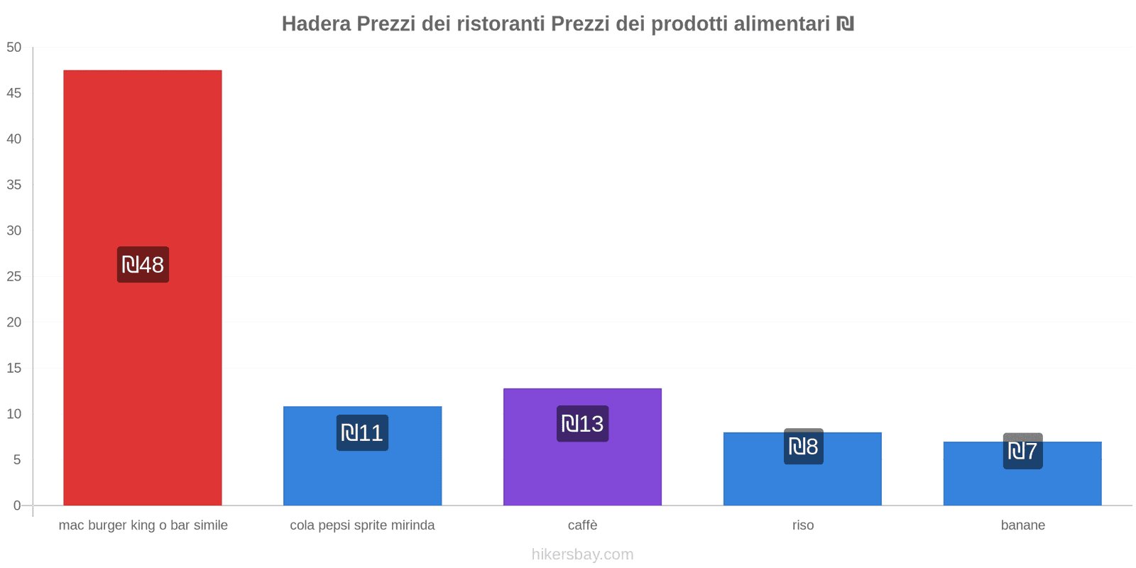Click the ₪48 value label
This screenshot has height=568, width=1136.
[x=143, y=265]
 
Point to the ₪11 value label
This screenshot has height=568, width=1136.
[x=362, y=432]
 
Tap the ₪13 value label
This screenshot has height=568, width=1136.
[x=582, y=424]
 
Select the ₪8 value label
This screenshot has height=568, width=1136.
[x=803, y=447]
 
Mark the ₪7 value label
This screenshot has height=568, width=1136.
[x=1022, y=451]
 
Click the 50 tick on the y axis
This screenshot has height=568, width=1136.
[x=14, y=48]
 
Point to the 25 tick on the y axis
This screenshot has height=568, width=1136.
[x=14, y=276]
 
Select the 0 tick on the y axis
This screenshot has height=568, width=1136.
[x=17, y=506]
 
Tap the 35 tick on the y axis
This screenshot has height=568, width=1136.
[x=14, y=185]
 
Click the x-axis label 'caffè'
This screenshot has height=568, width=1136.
[x=582, y=525]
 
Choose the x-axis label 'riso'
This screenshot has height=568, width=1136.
[x=803, y=525]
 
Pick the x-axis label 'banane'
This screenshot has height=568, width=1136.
[x=1022, y=525]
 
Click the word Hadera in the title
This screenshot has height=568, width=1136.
[x=316, y=24]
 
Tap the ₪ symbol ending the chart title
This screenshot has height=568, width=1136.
[x=845, y=24]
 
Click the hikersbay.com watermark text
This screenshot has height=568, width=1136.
[x=582, y=555]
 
